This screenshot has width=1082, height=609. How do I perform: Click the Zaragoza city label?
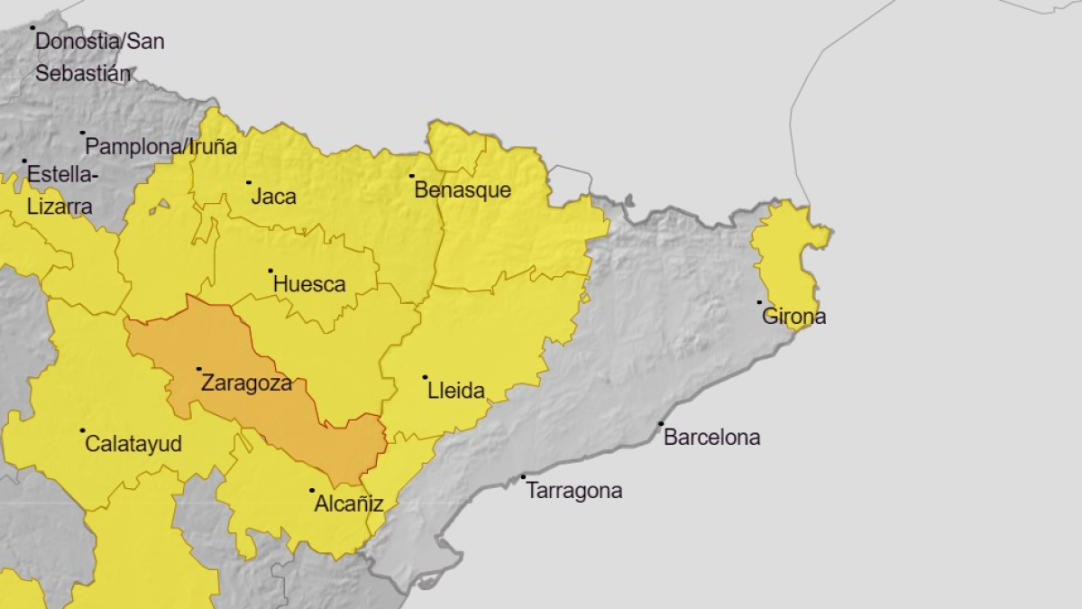point(246,383)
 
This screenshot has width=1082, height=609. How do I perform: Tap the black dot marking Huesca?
point(270,271)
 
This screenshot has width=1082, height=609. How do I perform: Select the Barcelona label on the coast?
point(711,438)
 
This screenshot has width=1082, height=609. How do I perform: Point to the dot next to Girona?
point(759,302)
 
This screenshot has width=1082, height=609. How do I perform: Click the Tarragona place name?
point(573,491)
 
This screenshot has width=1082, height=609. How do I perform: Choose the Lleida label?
point(455,392)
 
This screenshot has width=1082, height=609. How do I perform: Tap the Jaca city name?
point(273,197)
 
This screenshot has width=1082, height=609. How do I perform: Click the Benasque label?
point(462,190)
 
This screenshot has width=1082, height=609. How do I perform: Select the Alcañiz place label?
point(348,504)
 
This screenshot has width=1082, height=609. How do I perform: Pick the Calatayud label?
point(133,444)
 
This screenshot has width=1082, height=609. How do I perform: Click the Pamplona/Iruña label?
point(160,146)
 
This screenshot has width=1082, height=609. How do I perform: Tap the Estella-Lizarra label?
point(60,189)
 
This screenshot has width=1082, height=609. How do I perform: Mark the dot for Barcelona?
point(661,423)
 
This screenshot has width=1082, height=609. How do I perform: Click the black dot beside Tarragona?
point(523,477)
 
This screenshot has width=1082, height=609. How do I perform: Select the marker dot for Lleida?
point(425,377)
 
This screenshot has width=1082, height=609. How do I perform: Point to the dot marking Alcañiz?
point(312,491)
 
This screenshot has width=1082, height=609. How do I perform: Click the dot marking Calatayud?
point(82,430)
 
